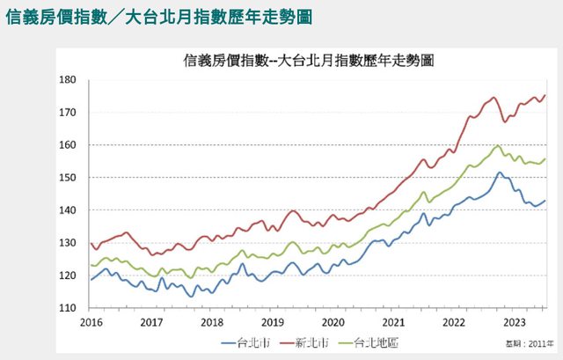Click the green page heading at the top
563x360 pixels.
tap(157, 18)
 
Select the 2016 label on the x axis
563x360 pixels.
tap(91, 322)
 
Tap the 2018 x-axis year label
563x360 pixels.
tap(212, 322)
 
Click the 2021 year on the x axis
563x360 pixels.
tap(395, 322)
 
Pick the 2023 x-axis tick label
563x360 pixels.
tap(516, 322)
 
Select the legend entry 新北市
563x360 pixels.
tap(308, 341)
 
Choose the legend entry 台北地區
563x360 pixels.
tap(373, 341)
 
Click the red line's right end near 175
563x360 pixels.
tap(545, 95)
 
